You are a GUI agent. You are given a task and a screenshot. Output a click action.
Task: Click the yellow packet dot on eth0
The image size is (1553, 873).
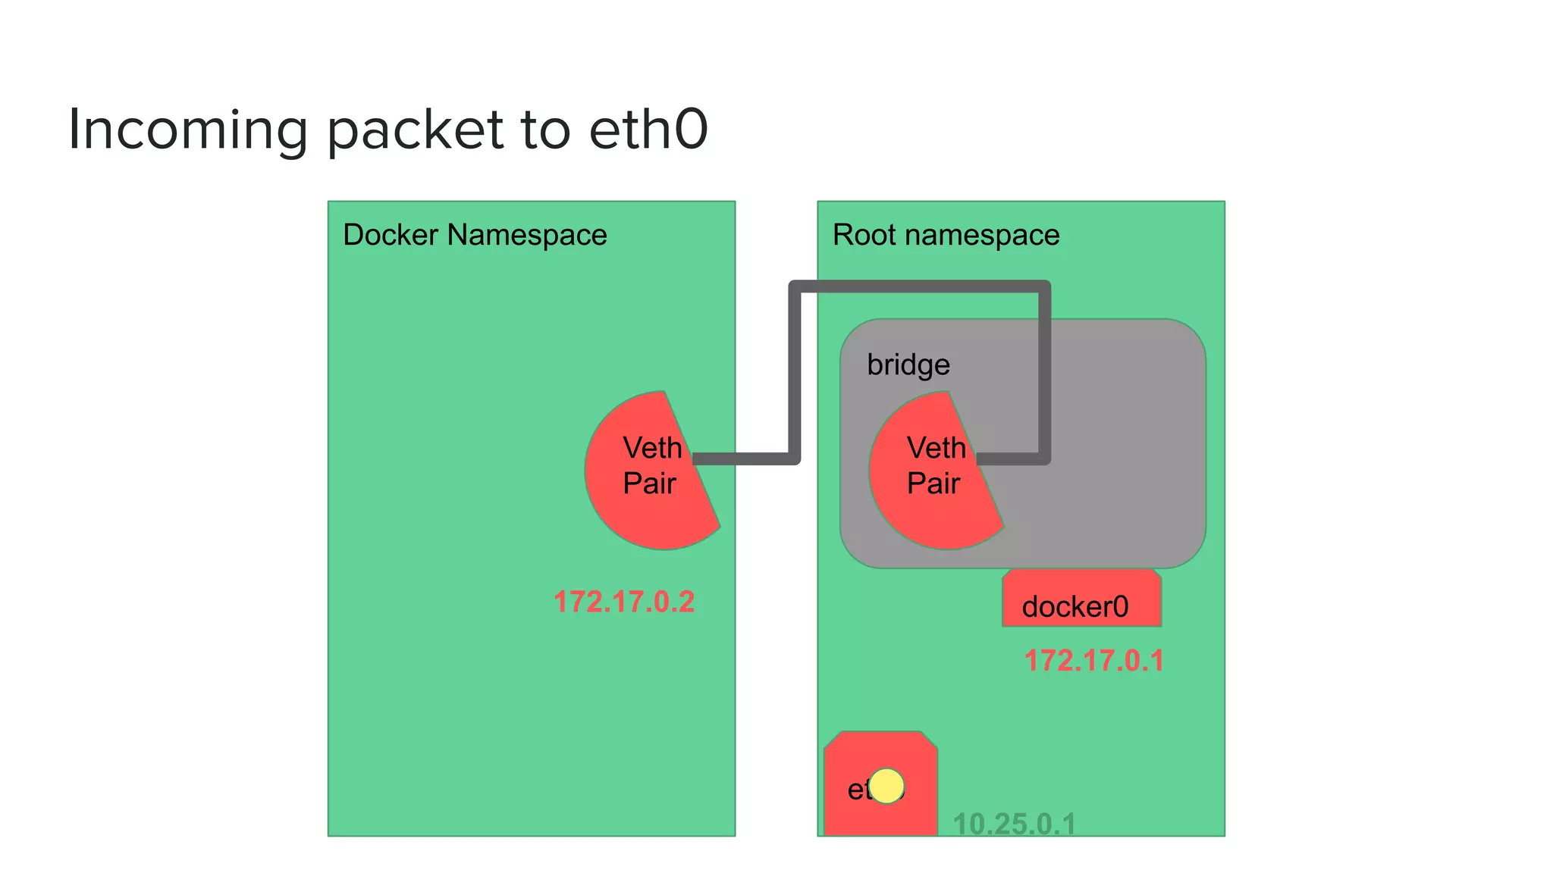(x=886, y=786)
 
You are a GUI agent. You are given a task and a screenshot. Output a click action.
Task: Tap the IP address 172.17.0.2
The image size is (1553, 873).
(x=624, y=602)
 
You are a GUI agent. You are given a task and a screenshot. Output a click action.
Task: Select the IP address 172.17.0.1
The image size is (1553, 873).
(x=1093, y=661)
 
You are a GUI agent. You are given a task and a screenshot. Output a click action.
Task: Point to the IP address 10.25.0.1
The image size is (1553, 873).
(x=1014, y=824)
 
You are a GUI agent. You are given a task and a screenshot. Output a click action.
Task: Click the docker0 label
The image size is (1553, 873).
(x=1075, y=607)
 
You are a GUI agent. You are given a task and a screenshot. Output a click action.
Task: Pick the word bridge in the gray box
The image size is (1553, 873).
(x=908, y=365)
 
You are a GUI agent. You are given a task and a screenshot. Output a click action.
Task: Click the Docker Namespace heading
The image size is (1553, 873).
(x=475, y=235)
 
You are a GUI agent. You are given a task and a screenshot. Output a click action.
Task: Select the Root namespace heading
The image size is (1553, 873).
(x=946, y=235)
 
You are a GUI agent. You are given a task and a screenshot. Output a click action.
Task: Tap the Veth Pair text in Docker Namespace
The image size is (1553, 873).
(x=651, y=465)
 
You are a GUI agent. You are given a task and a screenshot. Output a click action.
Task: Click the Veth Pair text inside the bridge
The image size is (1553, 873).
(x=936, y=465)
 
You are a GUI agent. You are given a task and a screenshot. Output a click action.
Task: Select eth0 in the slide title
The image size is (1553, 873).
(x=648, y=129)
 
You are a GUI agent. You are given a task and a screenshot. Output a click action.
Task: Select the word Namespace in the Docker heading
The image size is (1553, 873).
(x=527, y=236)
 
